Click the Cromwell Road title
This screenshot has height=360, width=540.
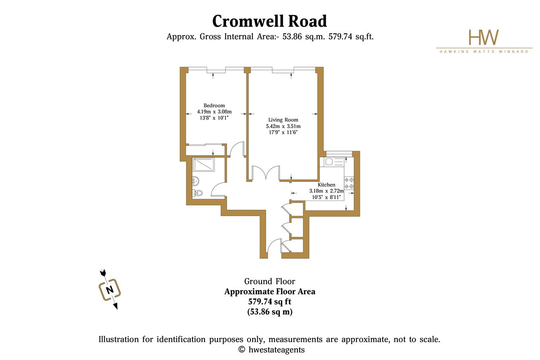pos(270,21)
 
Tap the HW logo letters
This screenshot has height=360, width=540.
pos(483,38)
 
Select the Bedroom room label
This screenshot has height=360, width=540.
pos(214,106)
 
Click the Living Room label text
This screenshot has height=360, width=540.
pos(283,120)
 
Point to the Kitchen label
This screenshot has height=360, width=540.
pos(327,185)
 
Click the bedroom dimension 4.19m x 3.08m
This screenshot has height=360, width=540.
pos(214,112)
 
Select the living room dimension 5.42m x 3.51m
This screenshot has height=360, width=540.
pos(283,126)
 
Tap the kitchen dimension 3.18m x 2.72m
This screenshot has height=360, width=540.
pos(327,191)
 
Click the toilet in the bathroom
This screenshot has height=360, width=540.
pos(198,193)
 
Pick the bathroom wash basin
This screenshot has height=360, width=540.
pos(195,180)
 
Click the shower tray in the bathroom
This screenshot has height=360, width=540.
pos(203,165)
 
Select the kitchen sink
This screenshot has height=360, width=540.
pos(332,162)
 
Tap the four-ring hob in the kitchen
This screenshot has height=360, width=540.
pos(349,183)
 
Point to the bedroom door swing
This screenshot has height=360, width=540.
pos(237,149)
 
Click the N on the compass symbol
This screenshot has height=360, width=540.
pos(110,290)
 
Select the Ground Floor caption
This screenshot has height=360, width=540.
pos(270,281)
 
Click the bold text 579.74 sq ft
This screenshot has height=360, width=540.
pos(270,301)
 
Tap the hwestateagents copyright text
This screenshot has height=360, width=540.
pos(271,349)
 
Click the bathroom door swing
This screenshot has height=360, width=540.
pos(219,190)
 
